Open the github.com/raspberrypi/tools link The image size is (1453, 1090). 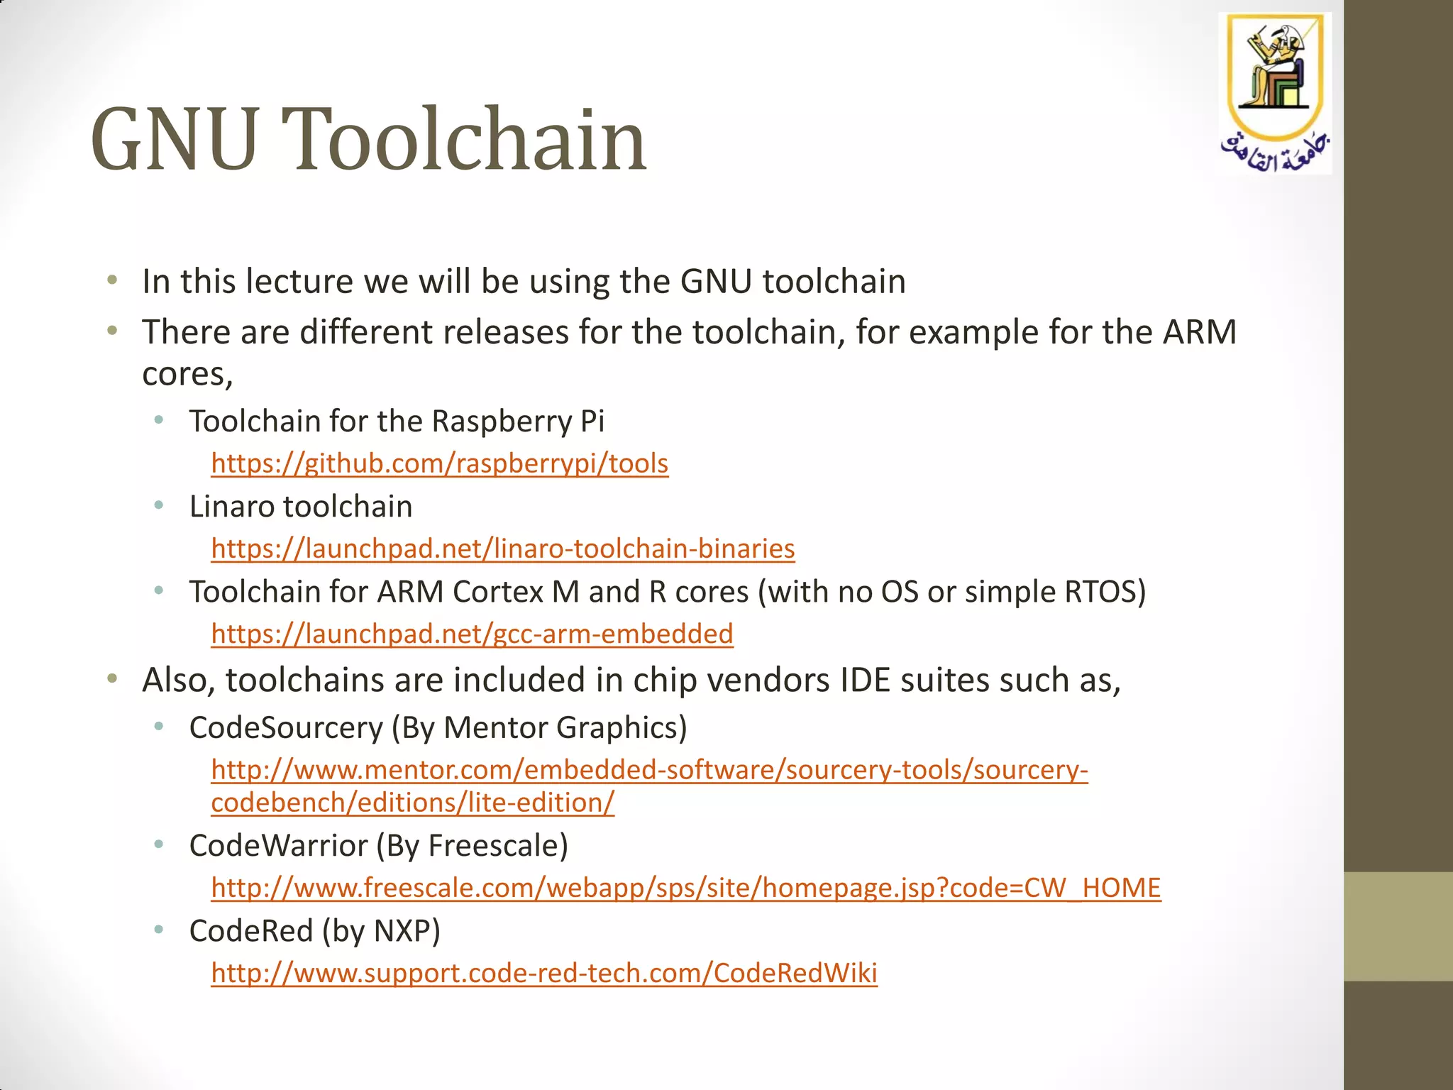tap(439, 463)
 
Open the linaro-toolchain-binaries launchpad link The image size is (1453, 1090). tap(502, 549)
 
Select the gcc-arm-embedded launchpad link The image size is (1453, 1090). tap(472, 634)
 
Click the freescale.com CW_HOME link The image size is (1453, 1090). tap(685, 888)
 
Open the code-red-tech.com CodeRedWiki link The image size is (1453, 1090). tap(543, 973)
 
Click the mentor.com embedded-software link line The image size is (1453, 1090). tap(649, 770)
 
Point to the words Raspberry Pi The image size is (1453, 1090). tap(517, 422)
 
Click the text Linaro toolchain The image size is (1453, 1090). tap(300, 507)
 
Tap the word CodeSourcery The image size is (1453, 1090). tap(285, 728)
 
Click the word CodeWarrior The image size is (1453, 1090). tap(278, 846)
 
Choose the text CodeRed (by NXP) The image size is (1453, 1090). tap(314, 931)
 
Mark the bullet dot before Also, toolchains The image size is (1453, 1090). tap(112, 679)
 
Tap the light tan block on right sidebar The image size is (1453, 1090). tap(1398, 926)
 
